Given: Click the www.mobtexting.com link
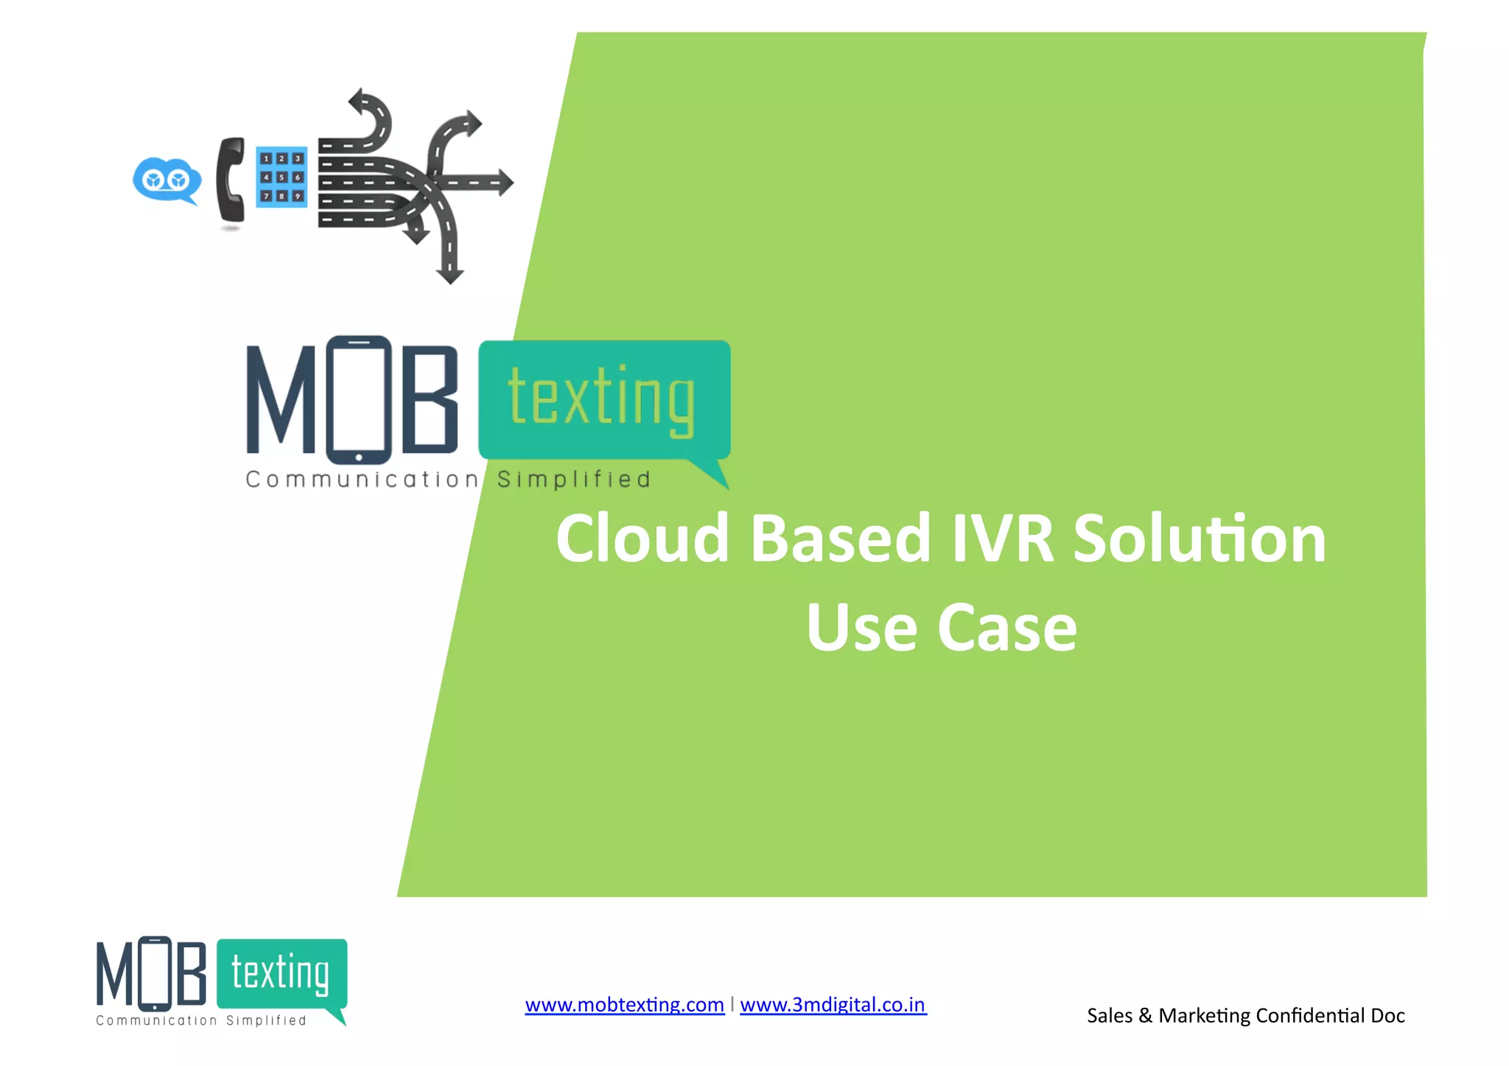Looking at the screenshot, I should [624, 1005].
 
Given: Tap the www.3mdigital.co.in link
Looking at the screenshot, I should [833, 1005].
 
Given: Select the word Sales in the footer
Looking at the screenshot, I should [1110, 1016].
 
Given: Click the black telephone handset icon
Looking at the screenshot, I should [231, 180].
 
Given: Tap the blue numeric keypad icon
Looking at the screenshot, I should [281, 177].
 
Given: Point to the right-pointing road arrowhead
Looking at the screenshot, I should [505, 182].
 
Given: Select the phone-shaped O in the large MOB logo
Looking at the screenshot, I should [359, 399].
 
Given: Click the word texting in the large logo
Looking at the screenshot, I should [601, 398].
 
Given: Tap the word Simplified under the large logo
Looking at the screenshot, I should [574, 480].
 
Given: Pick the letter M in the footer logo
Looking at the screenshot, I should [114, 974].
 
